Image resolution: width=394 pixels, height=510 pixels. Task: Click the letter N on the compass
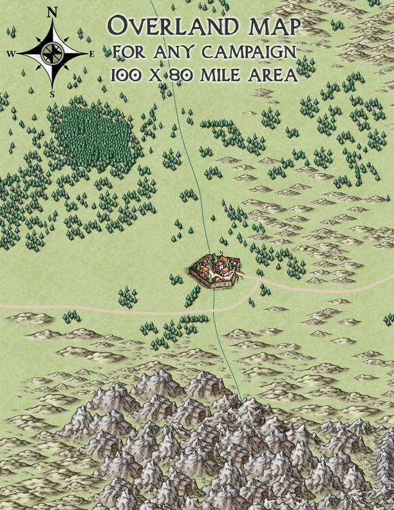coord(52,12)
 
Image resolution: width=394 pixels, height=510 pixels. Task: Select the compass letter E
coord(93,54)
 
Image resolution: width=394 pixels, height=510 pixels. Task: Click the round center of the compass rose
coord(52,53)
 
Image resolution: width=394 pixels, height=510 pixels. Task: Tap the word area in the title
coord(270,74)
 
